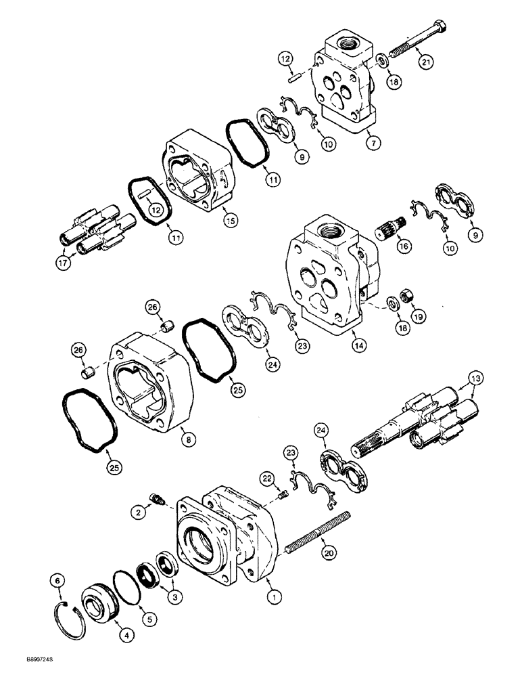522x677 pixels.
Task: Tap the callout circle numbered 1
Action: point(275,596)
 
